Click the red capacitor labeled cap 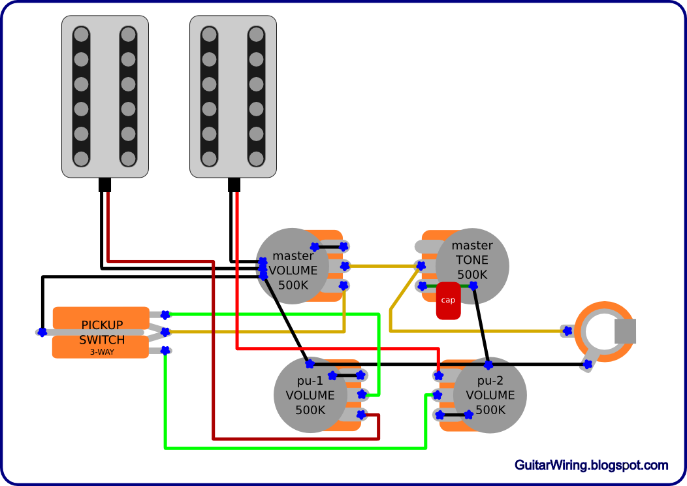pos(448,301)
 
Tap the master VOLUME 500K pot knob pos(292,266)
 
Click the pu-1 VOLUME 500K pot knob pos(310,395)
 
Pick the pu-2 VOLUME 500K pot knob pos(490,395)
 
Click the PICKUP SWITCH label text pos(102,332)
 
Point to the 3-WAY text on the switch pos(102,351)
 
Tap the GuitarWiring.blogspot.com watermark pos(591,465)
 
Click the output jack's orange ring pos(605,306)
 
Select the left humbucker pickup pos(105,97)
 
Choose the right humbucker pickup pos(233,97)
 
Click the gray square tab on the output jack pos(626,331)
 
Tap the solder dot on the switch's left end pos(42,332)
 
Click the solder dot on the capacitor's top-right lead pos(473,285)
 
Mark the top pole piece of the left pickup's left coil pos(81,35)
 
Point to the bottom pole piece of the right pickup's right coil pos(256,158)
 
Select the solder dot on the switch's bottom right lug pos(165,350)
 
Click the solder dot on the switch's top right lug pos(165,314)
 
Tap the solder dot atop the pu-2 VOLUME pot pos(488,364)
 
